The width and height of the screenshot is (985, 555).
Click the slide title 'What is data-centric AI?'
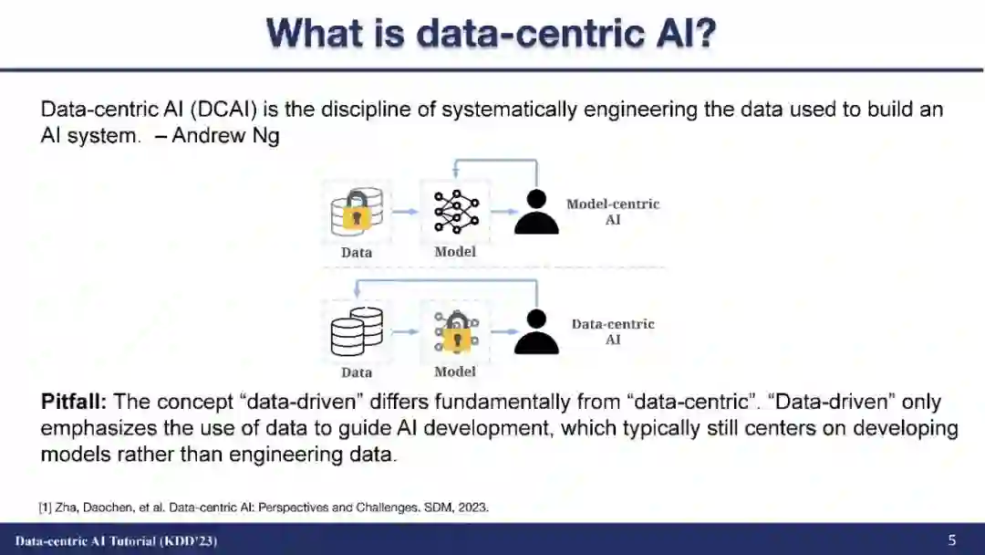[492, 35]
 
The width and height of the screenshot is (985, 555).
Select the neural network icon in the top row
[455, 212]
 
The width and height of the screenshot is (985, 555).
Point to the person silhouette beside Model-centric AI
[536, 212]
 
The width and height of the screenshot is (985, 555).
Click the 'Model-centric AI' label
[613, 212]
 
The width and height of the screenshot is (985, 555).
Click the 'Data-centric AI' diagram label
[613, 331]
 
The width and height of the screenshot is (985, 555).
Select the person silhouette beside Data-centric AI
[536, 332]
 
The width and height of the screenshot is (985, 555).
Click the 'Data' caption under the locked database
[357, 252]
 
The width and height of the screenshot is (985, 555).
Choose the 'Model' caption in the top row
[455, 251]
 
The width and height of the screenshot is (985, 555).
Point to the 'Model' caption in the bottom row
[455, 372]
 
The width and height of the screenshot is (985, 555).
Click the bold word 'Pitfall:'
[75, 403]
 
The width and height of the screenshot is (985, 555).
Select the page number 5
[952, 540]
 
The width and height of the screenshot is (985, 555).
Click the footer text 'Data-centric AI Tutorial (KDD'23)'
[116, 541]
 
